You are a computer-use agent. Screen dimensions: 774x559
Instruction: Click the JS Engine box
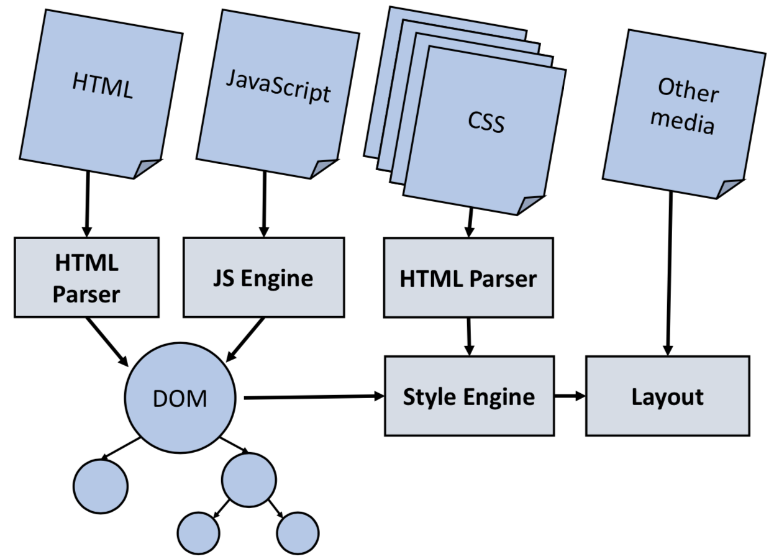(x=263, y=277)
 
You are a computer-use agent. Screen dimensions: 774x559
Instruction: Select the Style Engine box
(x=469, y=396)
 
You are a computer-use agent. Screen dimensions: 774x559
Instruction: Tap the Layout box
(x=668, y=396)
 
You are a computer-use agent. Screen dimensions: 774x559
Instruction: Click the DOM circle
(x=180, y=398)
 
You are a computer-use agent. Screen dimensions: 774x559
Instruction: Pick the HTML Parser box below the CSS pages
(x=468, y=278)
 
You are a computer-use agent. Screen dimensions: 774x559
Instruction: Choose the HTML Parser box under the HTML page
(x=86, y=277)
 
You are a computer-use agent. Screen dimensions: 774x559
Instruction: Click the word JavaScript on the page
(x=278, y=86)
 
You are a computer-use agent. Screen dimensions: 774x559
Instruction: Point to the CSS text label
(x=486, y=122)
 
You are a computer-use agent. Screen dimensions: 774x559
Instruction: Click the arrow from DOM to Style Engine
(x=314, y=397)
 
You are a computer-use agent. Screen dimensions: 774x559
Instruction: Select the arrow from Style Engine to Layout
(x=570, y=396)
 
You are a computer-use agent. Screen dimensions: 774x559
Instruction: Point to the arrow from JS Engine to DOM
(x=245, y=340)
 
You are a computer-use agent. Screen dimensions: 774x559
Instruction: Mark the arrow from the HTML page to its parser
(x=88, y=204)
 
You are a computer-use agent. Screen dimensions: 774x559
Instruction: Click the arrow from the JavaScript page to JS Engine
(x=265, y=204)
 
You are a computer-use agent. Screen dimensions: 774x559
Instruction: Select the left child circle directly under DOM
(x=101, y=486)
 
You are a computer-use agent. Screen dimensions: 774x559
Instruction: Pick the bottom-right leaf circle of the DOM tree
(x=298, y=533)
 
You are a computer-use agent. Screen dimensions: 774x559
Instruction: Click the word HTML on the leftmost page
(x=102, y=86)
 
